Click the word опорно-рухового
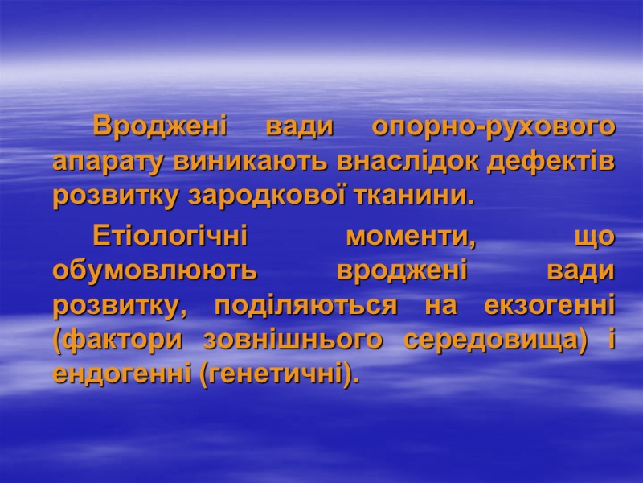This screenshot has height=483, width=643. [x=494, y=128]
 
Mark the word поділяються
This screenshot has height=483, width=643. [x=306, y=307]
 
